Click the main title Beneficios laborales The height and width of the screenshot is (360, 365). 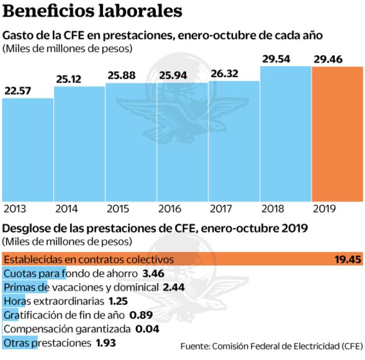(92, 11)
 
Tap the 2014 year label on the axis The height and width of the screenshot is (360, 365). (66, 209)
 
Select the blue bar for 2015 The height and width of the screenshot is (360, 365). (131, 142)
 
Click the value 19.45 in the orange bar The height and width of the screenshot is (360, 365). (347, 259)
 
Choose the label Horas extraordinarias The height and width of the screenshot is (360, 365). (53, 301)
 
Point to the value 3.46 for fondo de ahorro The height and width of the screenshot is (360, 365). (153, 273)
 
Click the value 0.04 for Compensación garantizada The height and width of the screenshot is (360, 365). (147, 329)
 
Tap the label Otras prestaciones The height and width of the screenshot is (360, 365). (47, 343)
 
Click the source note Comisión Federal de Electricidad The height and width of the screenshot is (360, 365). (271, 347)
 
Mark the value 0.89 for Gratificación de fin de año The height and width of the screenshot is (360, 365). (141, 315)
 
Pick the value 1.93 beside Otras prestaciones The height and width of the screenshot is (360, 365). (106, 343)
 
